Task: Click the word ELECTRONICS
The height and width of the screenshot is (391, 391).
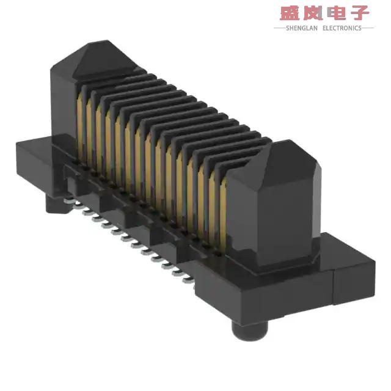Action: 342,27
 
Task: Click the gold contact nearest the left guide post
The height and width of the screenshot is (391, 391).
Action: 81,122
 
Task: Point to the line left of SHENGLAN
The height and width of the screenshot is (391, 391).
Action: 279,27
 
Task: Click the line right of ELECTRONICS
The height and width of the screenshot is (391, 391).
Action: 368,27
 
